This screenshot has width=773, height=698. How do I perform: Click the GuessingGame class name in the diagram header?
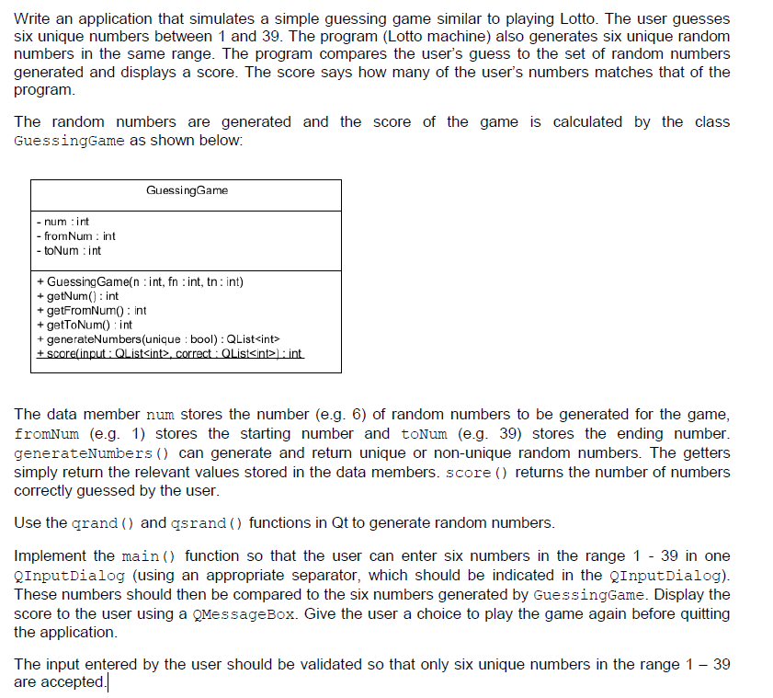(x=187, y=190)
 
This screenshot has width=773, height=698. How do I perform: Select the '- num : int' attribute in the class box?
(x=63, y=222)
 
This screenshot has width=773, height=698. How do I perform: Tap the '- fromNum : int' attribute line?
(x=75, y=236)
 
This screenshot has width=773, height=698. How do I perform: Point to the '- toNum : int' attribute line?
(x=68, y=250)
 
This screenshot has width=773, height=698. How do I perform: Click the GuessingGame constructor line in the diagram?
(x=140, y=281)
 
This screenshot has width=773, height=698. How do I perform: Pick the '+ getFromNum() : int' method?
(x=91, y=310)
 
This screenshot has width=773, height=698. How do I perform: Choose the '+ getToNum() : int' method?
(x=84, y=325)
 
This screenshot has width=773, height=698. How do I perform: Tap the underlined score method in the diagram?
(x=169, y=354)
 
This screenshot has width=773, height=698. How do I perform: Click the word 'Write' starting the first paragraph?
(x=33, y=18)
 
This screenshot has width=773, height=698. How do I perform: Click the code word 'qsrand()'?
(x=208, y=523)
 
